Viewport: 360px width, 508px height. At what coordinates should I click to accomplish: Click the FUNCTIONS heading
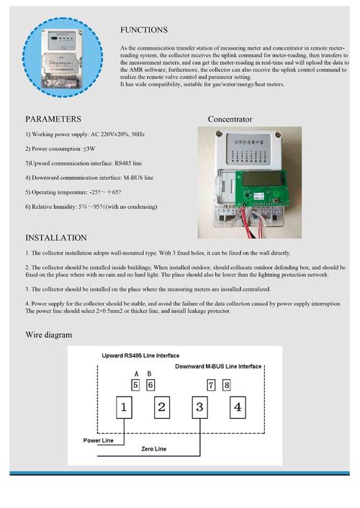coord(144,30)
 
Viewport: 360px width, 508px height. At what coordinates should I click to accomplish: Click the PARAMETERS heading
coord(53,118)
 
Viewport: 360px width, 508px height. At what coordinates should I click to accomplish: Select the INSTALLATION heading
coord(56,237)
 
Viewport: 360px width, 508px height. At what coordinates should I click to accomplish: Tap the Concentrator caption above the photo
coord(230,118)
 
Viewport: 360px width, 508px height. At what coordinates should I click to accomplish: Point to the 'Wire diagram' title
coord(49,335)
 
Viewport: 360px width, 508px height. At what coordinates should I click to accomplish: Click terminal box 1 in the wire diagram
coord(124,408)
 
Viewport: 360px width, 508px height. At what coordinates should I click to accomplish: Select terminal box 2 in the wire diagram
coord(162,408)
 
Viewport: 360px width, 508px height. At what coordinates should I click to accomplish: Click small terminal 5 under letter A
coord(135,384)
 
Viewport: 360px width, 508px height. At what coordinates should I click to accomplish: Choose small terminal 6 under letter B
coord(150,384)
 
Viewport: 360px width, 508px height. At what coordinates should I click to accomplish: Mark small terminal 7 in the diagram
coord(211,384)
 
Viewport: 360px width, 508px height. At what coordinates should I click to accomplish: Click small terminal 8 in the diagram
coord(227,384)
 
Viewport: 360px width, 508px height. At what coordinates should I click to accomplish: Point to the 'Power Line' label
coord(98,440)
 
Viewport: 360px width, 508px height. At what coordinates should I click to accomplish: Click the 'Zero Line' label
coord(153,448)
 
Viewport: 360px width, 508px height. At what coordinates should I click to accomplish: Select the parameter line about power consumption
coord(59,148)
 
